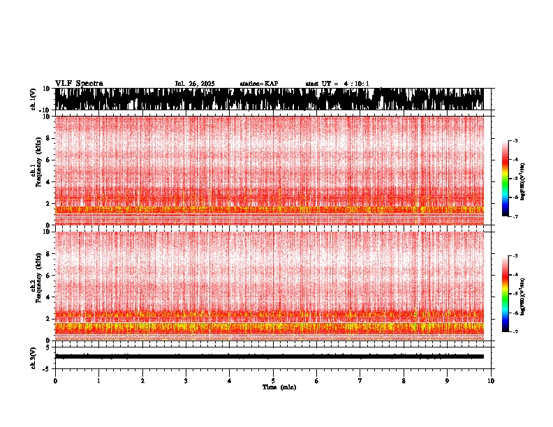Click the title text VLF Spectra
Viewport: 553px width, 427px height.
click(79, 84)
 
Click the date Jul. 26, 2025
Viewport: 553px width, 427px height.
click(195, 84)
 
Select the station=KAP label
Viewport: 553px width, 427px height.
click(259, 84)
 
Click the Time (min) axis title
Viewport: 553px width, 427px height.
click(279, 387)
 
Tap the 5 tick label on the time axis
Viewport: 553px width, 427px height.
click(273, 381)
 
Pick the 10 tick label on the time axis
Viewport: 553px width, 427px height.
click(491, 381)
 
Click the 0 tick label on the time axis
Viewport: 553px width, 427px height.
click(55, 381)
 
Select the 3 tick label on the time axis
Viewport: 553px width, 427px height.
click(186, 381)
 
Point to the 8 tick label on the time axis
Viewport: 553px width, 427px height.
click(404, 381)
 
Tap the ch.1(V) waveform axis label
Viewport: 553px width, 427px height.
click(34, 99)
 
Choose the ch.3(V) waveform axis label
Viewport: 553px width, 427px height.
click(34, 357)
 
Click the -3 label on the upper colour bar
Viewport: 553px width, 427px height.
click(515, 141)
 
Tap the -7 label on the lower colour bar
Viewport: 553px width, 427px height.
click(515, 332)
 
